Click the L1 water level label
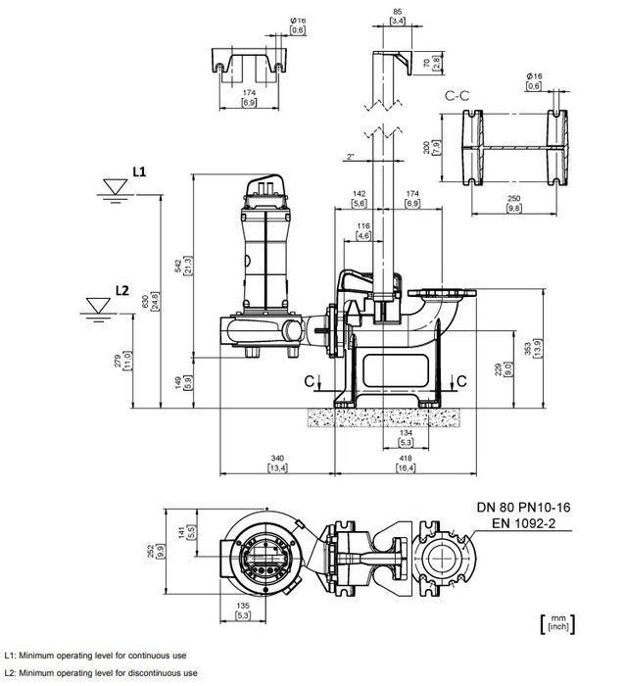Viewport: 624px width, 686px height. click(138, 171)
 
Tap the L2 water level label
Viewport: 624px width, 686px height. click(121, 290)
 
